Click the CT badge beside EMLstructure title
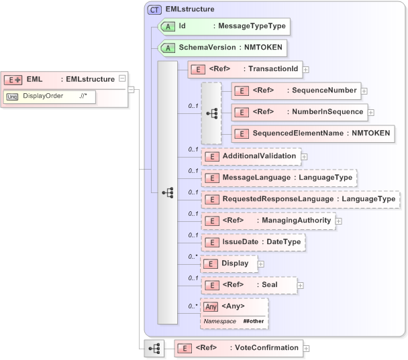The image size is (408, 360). (x=155, y=9)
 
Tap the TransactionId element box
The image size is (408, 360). (x=245, y=68)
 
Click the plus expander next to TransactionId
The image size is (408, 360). (x=305, y=68)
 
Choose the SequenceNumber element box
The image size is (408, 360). (x=295, y=91)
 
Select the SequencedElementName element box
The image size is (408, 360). (x=312, y=133)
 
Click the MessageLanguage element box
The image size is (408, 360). (x=278, y=178)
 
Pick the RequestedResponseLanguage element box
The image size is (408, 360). (x=300, y=199)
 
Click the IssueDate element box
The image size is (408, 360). (x=254, y=242)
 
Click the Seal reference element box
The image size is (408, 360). (x=248, y=285)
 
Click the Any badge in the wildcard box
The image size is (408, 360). (x=211, y=306)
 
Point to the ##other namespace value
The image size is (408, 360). (x=254, y=322)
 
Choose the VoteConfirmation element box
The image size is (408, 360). (x=238, y=348)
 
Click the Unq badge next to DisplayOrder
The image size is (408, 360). (x=12, y=96)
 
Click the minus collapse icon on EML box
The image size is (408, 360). (x=121, y=78)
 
